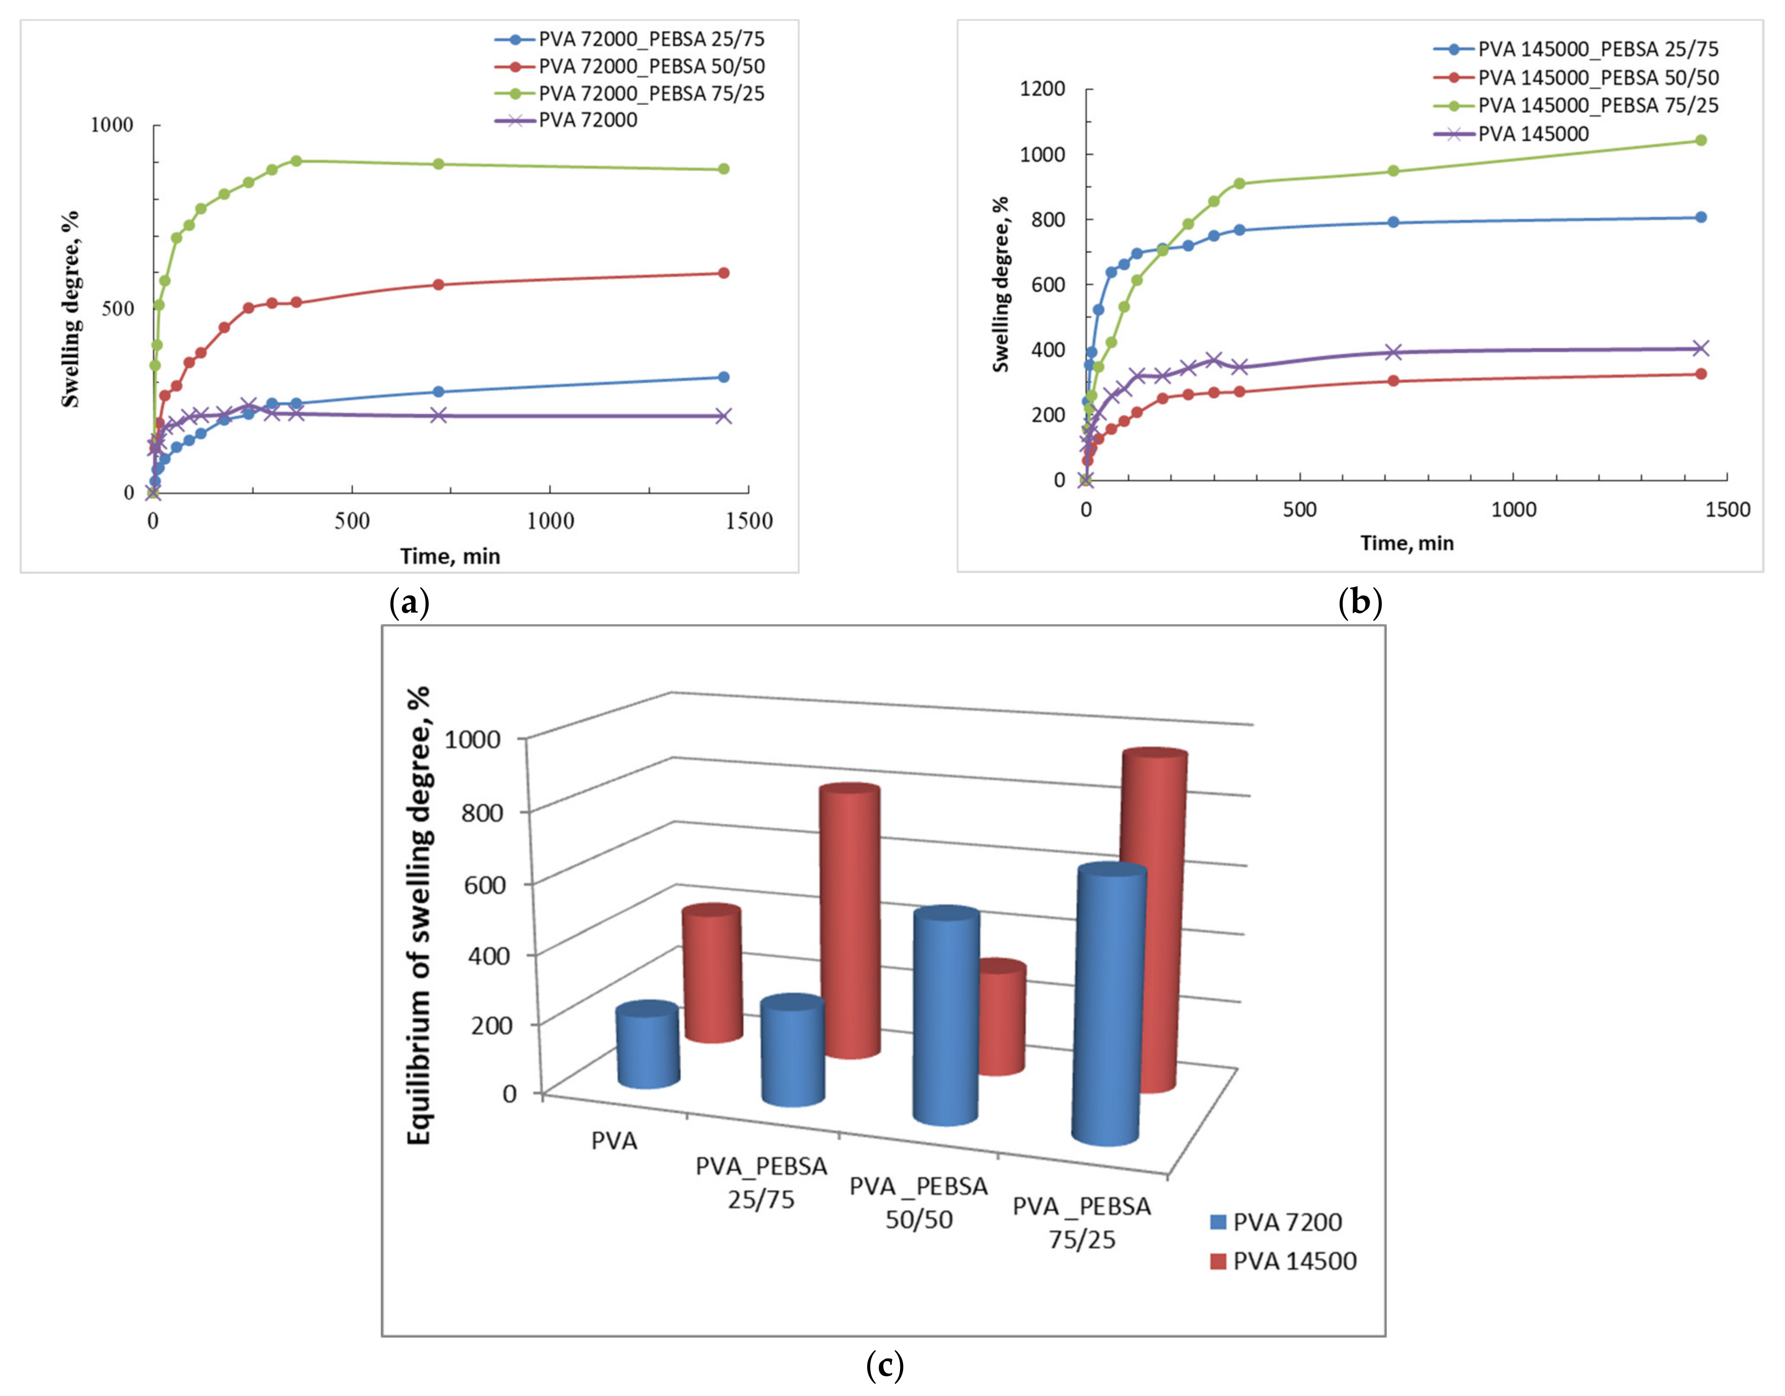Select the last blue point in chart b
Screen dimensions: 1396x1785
coord(1701,218)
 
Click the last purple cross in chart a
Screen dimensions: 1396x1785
coord(723,416)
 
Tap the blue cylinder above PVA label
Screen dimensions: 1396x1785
coord(648,1046)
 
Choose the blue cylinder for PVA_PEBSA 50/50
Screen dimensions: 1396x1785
coord(946,1018)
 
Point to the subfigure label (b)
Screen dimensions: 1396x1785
coord(1360,603)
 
